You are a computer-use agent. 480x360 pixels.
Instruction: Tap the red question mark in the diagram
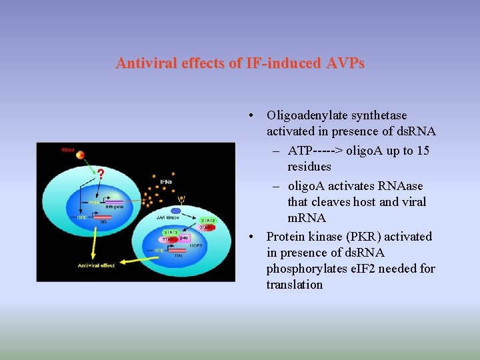pyautogui.click(x=101, y=175)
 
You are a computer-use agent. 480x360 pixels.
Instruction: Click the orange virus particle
pyautogui.click(x=80, y=155)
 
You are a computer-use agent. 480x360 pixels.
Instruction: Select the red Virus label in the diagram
pyautogui.click(x=67, y=149)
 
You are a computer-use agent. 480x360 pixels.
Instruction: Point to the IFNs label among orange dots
pyautogui.click(x=167, y=181)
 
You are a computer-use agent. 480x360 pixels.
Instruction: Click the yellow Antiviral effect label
pyautogui.click(x=95, y=265)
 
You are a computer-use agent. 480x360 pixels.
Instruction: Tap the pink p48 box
pyautogui.click(x=183, y=238)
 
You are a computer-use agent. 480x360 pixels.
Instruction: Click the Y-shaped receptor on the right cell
pyautogui.click(x=181, y=198)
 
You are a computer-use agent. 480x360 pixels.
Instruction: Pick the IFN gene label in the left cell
pyautogui.click(x=115, y=207)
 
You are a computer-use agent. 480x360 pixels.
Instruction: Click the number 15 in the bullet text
pyautogui.click(x=423, y=151)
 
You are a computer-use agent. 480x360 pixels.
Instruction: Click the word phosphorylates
pyautogui.click(x=304, y=269)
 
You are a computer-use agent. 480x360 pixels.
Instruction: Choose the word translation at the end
pyautogui.click(x=295, y=285)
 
